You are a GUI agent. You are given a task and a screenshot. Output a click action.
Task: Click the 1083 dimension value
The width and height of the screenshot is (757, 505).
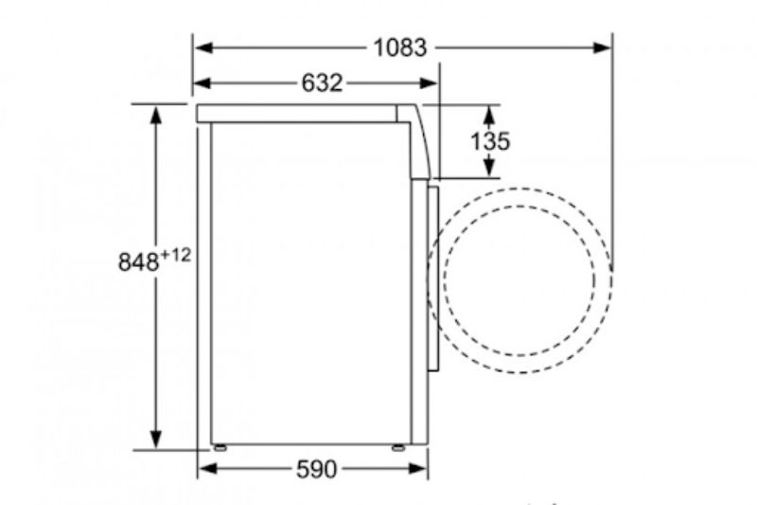(400, 47)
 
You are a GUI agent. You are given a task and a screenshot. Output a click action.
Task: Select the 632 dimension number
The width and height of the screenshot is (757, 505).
(322, 83)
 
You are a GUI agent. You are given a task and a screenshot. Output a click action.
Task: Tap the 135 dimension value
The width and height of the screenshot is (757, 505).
(490, 141)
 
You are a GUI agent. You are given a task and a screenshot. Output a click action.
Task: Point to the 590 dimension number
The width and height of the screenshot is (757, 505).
(316, 469)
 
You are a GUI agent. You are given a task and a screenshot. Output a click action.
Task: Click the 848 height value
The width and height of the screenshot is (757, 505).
(138, 262)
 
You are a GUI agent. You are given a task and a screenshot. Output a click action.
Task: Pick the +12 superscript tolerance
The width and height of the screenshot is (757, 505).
(176, 255)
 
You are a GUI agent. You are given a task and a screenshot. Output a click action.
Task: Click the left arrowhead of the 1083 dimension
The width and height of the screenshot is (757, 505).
(203, 47)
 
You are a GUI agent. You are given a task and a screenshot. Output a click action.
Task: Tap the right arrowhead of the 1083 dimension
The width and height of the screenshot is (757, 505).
(603, 47)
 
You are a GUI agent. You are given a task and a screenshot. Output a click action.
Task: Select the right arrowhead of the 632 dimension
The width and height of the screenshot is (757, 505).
(429, 83)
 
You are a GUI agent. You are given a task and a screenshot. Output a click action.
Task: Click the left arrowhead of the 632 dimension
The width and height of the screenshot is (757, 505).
(202, 83)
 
